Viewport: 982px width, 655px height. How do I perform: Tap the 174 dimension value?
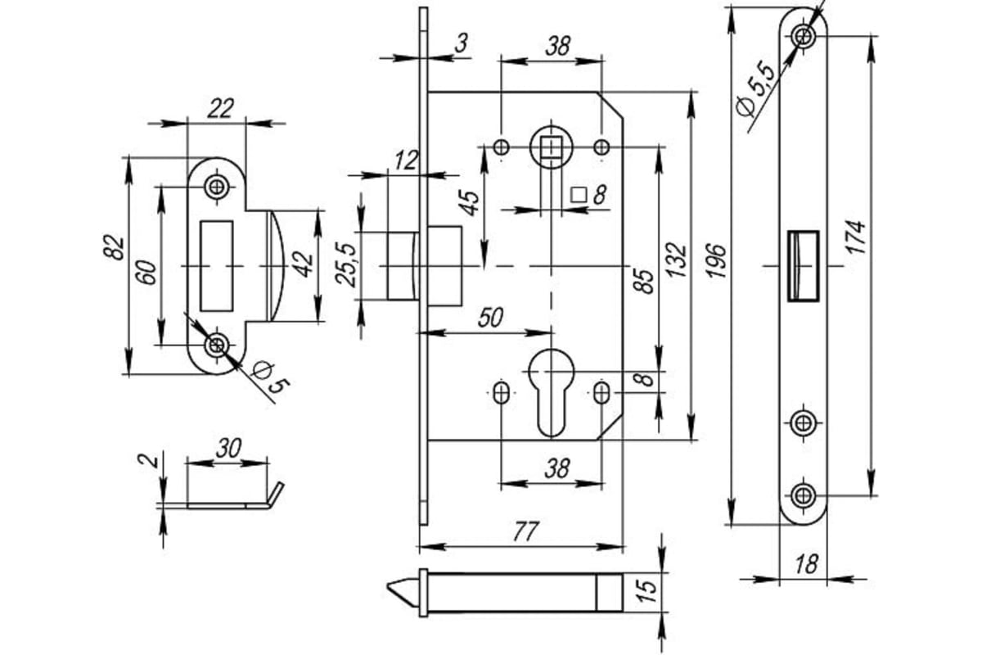(x=855, y=237)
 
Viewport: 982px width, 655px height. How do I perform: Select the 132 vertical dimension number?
(x=676, y=260)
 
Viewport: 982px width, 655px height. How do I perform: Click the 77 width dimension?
(x=525, y=531)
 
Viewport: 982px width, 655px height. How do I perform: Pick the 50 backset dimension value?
(x=490, y=317)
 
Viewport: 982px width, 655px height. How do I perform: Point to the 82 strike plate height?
(x=115, y=248)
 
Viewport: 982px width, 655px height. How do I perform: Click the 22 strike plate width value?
(x=220, y=108)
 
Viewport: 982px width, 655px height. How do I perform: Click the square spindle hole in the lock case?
(x=551, y=147)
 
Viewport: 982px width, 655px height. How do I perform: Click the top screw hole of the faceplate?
(x=803, y=35)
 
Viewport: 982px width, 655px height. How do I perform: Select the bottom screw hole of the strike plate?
(x=217, y=346)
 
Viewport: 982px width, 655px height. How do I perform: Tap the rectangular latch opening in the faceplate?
(x=804, y=266)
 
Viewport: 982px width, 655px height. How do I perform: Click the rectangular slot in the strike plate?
(x=217, y=266)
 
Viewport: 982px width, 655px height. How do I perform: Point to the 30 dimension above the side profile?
(x=228, y=448)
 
